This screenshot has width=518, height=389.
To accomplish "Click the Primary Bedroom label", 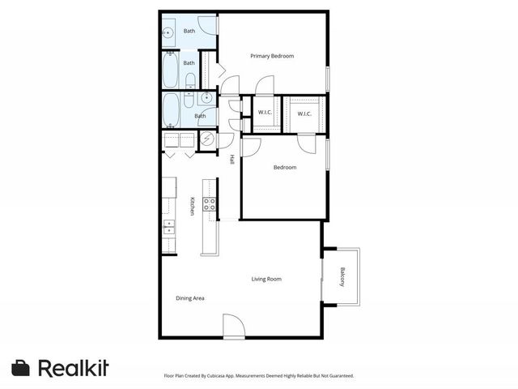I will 271,56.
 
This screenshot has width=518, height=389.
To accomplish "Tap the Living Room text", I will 266,279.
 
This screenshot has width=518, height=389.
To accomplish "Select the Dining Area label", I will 190,298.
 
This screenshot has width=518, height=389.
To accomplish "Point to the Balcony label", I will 342,276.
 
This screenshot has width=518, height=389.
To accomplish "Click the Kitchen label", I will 192,206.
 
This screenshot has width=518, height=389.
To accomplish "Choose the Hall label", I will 231,160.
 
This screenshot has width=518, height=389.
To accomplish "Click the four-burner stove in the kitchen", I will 209,203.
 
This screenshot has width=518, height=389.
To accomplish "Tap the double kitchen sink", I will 169,227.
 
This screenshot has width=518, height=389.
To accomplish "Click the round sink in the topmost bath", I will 168,33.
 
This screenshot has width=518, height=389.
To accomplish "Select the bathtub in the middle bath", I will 171,71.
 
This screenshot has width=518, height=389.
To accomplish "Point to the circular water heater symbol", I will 206,139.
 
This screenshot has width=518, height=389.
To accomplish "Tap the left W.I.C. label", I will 264,113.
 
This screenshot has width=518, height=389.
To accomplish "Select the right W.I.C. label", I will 304,113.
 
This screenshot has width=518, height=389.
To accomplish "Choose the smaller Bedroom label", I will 284,168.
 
